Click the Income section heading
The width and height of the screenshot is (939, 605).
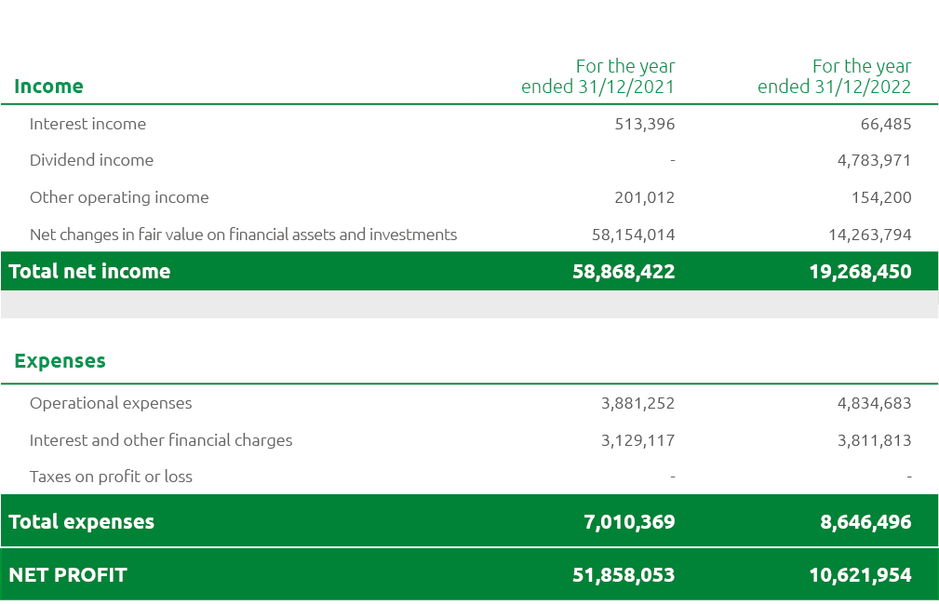(x=48, y=87)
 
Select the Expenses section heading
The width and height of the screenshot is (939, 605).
(x=60, y=361)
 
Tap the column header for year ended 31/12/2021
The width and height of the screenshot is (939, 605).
(x=597, y=76)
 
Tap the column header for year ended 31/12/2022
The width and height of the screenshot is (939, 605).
(x=834, y=76)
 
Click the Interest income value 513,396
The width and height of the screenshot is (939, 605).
(x=644, y=124)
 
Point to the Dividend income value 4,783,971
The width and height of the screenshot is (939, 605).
(x=874, y=160)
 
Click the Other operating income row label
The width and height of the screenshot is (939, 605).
(x=119, y=197)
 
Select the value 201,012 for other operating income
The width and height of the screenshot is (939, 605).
(x=644, y=197)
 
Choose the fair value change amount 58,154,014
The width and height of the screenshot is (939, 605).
(x=633, y=235)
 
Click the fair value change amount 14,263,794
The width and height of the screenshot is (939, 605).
(x=869, y=235)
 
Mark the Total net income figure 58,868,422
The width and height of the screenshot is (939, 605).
(x=624, y=272)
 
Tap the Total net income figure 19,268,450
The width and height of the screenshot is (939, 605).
(x=860, y=272)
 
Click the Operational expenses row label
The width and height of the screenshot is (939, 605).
(x=111, y=403)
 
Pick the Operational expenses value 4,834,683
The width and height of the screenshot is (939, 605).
(x=874, y=403)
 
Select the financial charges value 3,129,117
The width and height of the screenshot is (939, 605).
(x=637, y=440)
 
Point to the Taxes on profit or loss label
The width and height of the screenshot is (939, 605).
(x=111, y=477)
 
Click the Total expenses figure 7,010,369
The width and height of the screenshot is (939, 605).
(x=629, y=522)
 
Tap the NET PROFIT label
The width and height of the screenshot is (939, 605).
(x=67, y=575)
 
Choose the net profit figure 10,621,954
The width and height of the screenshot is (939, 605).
(x=860, y=575)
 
